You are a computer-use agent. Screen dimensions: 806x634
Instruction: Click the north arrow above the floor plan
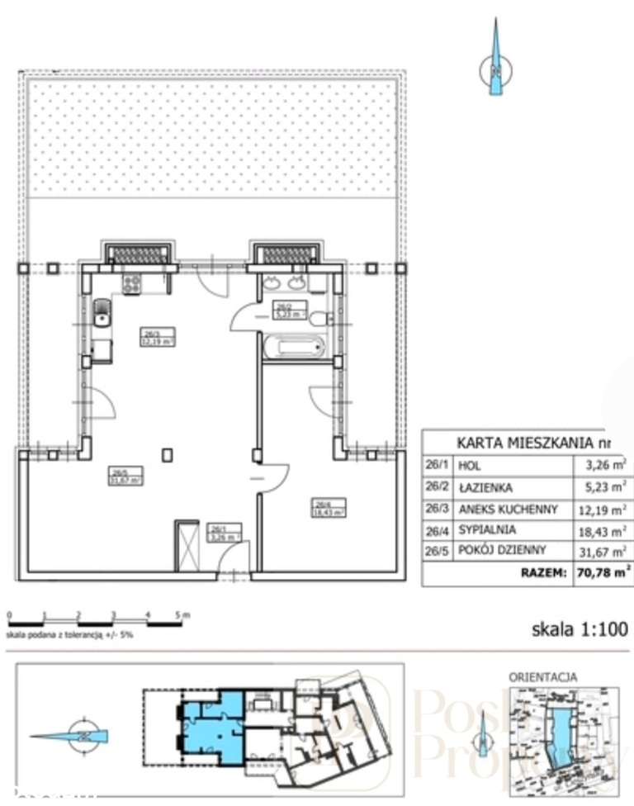[x=494, y=62]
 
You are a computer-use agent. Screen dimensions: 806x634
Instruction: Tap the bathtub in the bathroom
[x=295, y=346]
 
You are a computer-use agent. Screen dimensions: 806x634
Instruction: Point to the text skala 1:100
[x=579, y=630]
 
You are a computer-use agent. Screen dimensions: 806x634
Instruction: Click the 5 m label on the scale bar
[x=182, y=614]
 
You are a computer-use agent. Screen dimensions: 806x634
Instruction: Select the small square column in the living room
[x=168, y=453]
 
